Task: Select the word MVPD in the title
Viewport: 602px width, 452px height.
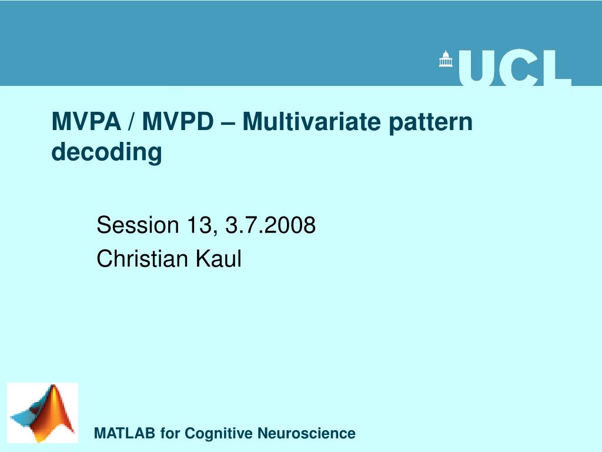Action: point(177,122)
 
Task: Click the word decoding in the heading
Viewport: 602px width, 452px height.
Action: point(106,152)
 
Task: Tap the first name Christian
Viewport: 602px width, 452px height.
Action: point(139,258)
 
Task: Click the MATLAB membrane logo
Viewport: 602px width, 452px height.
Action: point(42,413)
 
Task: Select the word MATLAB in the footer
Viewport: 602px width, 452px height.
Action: point(125,434)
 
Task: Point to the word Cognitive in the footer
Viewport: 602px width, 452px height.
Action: point(219,434)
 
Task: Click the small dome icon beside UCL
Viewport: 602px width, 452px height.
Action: point(447,59)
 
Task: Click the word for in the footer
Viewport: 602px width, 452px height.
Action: point(170,434)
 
